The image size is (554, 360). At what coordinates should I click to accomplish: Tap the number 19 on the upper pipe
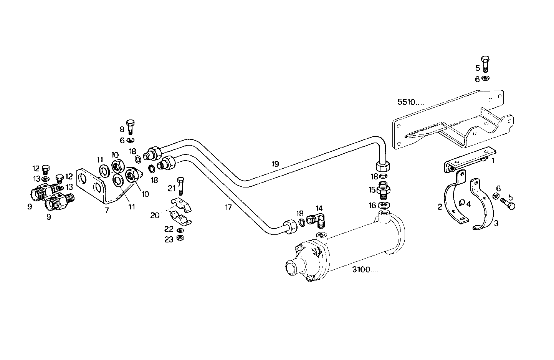pyautogui.click(x=275, y=164)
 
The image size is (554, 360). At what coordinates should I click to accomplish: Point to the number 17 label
pyautogui.click(x=228, y=207)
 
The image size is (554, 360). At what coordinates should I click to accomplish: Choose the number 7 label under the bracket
pyautogui.click(x=106, y=210)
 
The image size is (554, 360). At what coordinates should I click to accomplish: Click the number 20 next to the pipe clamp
pyautogui.click(x=155, y=216)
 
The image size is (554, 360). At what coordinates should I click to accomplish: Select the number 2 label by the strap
pyautogui.click(x=440, y=207)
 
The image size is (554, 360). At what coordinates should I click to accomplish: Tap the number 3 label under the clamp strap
pyautogui.click(x=496, y=223)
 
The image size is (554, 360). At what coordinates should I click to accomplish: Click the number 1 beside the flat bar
pyautogui.click(x=493, y=161)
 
